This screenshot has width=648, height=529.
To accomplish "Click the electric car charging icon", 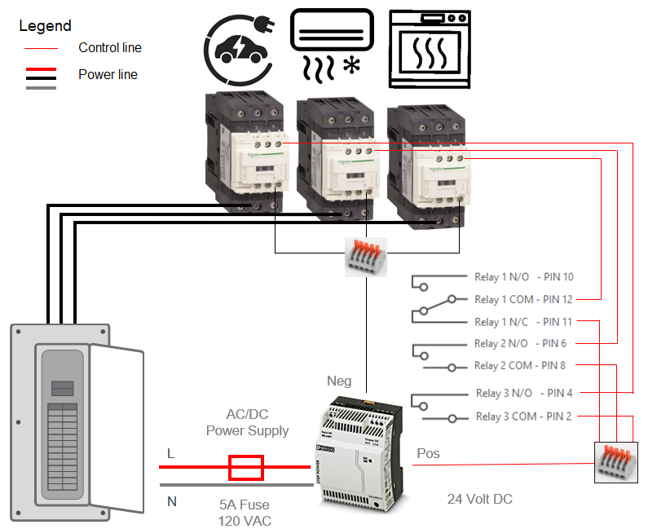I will [x=239, y=48].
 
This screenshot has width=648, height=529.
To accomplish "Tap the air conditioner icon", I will [x=332, y=45].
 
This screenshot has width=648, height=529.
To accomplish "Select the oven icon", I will [x=428, y=48].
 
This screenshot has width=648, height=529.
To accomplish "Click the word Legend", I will [x=45, y=26].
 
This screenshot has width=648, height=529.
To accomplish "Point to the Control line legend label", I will [x=110, y=47].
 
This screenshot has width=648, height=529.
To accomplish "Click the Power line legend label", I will [x=108, y=74].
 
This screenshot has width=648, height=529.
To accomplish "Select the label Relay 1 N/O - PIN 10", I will [x=524, y=277].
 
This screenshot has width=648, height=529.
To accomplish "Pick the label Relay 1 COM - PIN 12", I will [x=524, y=299].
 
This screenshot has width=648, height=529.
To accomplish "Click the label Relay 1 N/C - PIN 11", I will [x=524, y=322].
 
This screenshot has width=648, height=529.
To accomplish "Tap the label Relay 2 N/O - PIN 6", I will [x=520, y=343].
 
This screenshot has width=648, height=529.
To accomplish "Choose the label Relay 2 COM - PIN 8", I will [x=520, y=366].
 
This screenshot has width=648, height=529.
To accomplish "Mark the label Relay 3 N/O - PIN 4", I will [x=524, y=394].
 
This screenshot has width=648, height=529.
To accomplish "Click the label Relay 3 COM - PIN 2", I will [x=524, y=417].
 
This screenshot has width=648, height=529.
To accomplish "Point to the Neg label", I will [x=339, y=381].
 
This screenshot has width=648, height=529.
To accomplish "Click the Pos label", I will [x=428, y=453].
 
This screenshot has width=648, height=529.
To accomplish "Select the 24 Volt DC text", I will [x=480, y=499].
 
